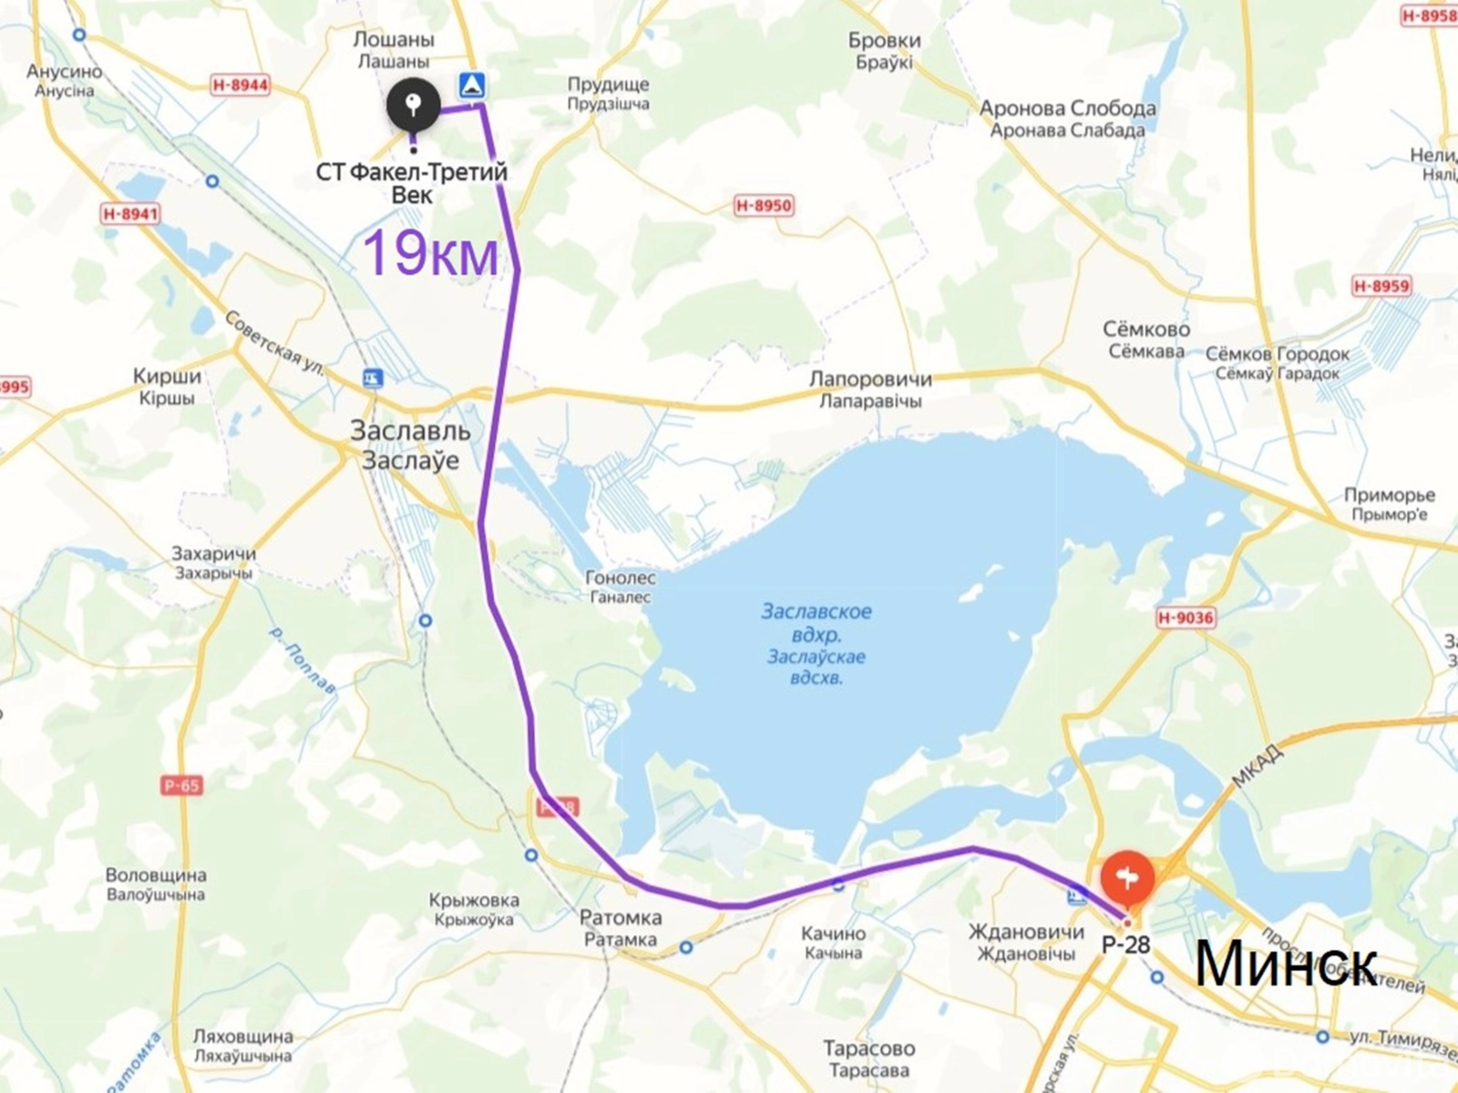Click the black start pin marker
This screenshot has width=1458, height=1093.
click(x=413, y=106)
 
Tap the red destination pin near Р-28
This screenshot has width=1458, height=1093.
click(x=1127, y=876)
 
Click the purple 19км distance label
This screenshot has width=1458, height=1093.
click(x=431, y=253)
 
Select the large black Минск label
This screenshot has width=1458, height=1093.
click(x=1285, y=964)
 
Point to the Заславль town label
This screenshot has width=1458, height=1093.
click(x=410, y=432)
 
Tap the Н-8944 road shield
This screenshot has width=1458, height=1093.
click(x=241, y=85)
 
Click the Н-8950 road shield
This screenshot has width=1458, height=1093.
click(x=763, y=206)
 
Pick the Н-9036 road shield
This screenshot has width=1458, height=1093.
click(x=1186, y=618)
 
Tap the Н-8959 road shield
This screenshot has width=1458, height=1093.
click(x=1381, y=286)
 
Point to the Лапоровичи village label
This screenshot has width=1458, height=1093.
click(x=871, y=380)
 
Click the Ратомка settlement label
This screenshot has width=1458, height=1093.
click(x=621, y=918)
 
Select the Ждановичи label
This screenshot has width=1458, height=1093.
click(x=1026, y=932)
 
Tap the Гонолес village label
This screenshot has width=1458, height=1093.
click(x=620, y=578)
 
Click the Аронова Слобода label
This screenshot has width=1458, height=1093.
click(x=1067, y=108)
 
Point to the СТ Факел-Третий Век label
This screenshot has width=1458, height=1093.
click(x=412, y=172)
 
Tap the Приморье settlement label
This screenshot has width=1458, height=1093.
click(x=1390, y=495)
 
